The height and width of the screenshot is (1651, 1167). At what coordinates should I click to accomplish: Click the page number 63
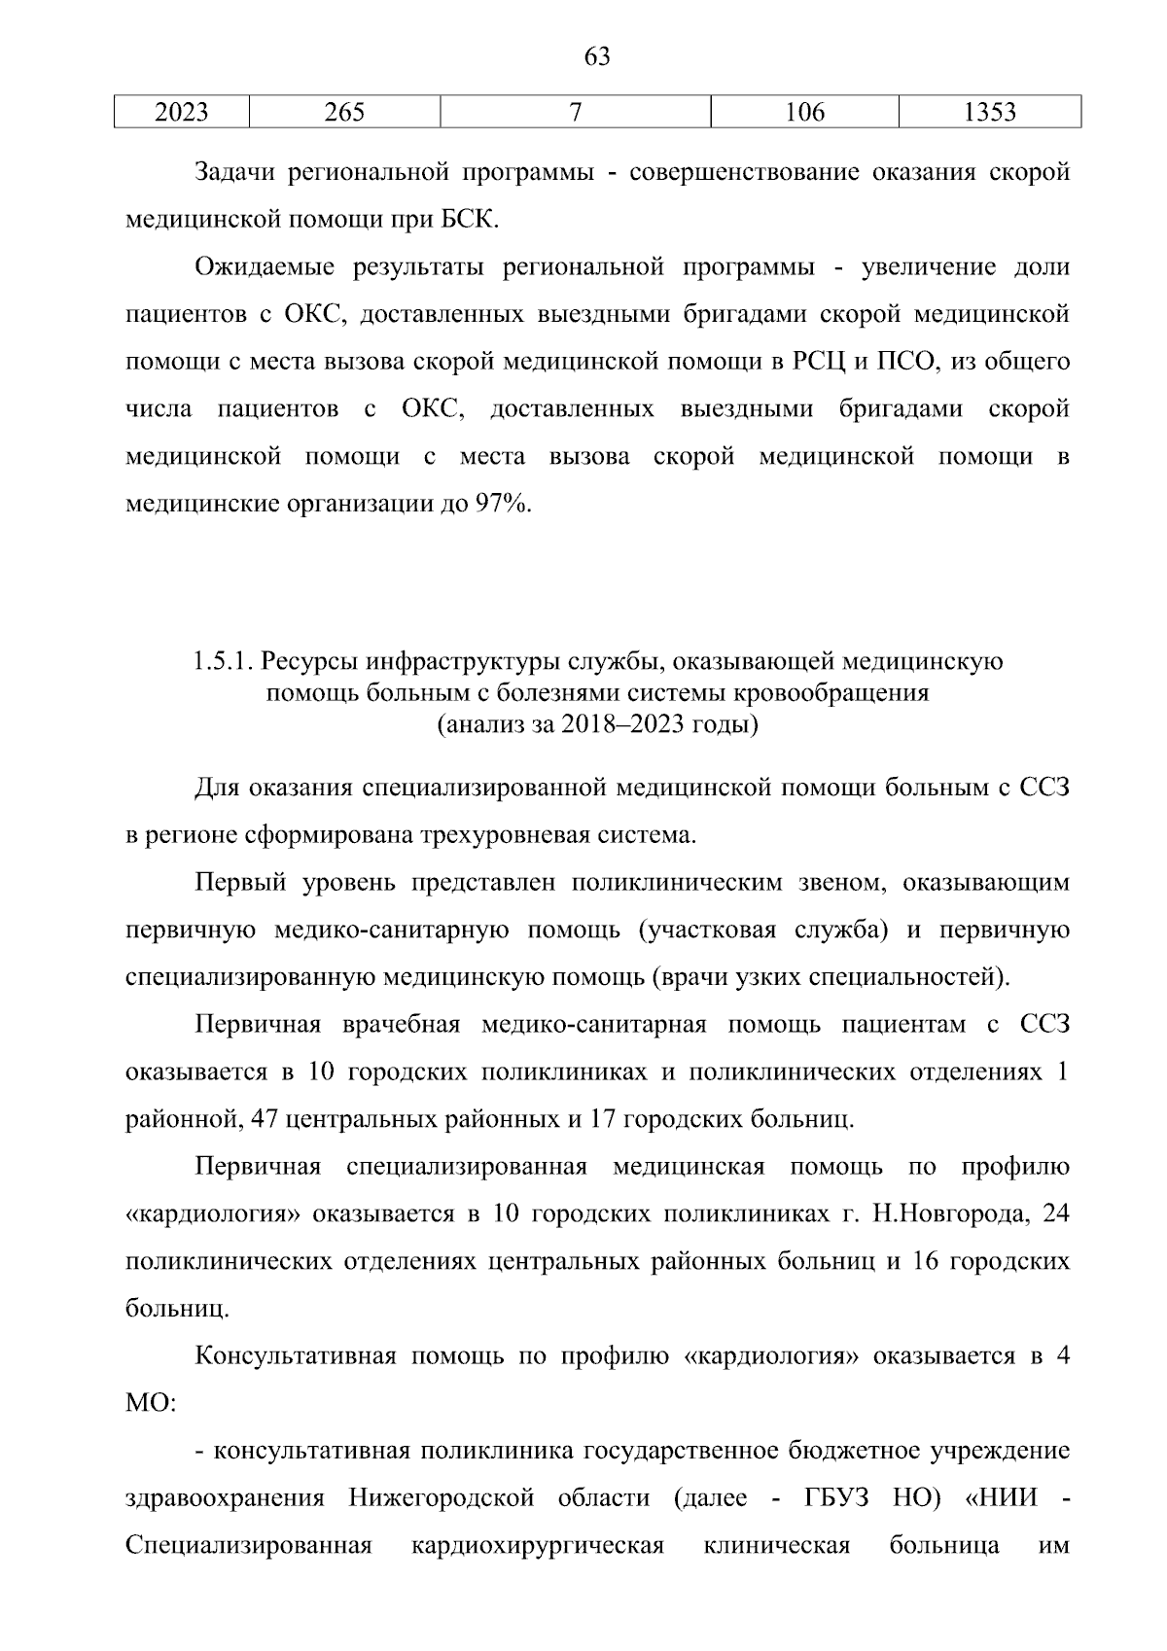pos(596,57)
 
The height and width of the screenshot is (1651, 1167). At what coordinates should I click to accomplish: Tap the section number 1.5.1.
pos(223,662)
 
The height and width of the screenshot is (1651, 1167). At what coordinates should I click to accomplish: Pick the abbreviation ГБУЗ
pos(836,1498)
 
